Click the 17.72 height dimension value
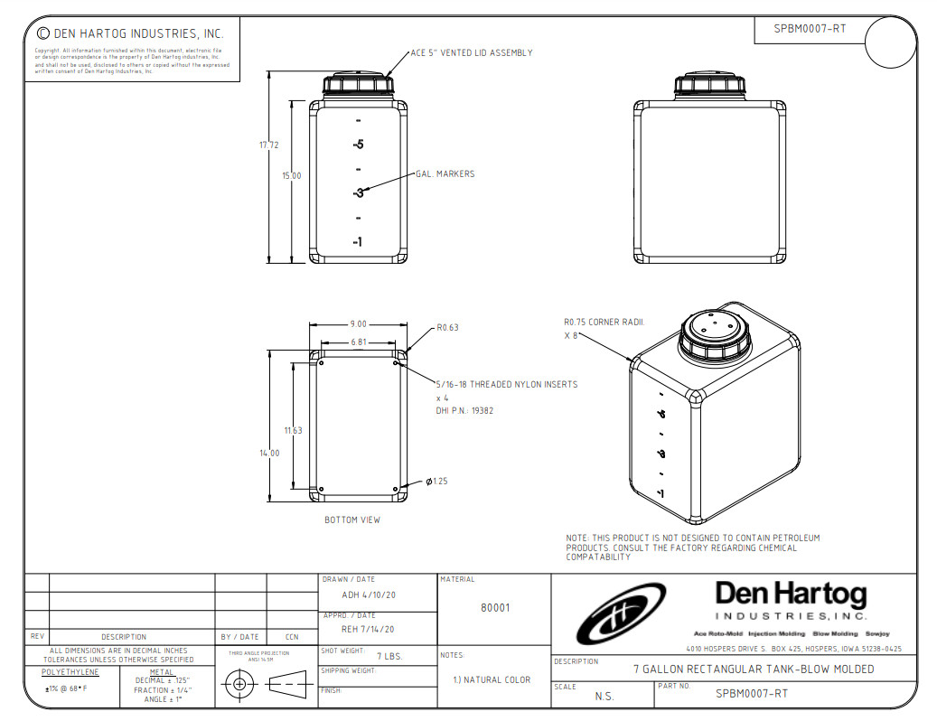click(x=268, y=145)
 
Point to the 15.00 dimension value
click(x=291, y=176)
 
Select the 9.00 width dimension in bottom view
click(x=358, y=323)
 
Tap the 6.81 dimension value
click(x=359, y=342)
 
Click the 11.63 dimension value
click(x=293, y=430)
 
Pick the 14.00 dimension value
click(x=270, y=454)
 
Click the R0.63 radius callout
click(x=447, y=328)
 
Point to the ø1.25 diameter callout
click(x=436, y=482)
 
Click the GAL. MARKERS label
click(x=445, y=174)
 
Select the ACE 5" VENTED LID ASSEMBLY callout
click(x=471, y=52)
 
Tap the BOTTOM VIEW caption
click(x=352, y=520)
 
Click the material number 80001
click(x=494, y=608)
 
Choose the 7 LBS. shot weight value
click(x=390, y=655)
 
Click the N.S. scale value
click(x=604, y=696)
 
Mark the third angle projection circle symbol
click(x=239, y=684)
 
